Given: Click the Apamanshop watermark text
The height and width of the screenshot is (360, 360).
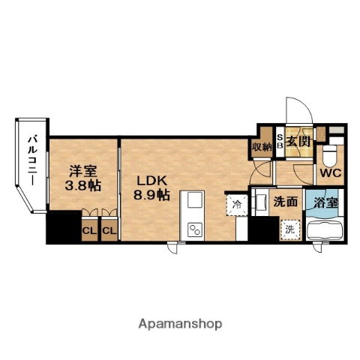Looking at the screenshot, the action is (x=180, y=325).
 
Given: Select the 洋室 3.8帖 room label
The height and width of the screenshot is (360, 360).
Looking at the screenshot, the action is (x=82, y=178).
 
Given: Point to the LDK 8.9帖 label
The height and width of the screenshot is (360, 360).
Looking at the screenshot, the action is (x=151, y=187).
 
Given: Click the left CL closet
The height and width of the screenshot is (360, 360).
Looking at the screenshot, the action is (x=89, y=230).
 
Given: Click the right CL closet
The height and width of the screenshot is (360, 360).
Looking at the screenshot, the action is (x=109, y=230).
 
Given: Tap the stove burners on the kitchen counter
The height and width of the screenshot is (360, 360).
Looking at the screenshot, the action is (x=195, y=229).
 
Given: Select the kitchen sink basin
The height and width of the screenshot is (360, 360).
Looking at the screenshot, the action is (x=195, y=199).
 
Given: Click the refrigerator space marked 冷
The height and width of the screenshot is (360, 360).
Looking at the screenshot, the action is (x=236, y=205).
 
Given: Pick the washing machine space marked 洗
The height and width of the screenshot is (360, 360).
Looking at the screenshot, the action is (x=289, y=229).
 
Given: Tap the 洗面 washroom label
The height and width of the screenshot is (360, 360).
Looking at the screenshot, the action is (x=285, y=202).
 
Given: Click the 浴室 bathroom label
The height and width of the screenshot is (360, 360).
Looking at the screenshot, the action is (x=326, y=203).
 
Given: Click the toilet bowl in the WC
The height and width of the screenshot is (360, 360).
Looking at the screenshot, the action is (x=329, y=156).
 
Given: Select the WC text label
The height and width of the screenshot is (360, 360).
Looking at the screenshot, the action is (x=331, y=172).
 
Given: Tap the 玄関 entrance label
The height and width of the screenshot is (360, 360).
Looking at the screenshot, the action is (x=298, y=142).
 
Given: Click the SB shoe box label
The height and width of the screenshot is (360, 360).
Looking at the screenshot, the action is (x=280, y=141).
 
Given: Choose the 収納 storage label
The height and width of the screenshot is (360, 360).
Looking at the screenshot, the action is (x=262, y=147).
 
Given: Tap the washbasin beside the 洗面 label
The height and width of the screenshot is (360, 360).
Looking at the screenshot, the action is (x=260, y=202).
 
